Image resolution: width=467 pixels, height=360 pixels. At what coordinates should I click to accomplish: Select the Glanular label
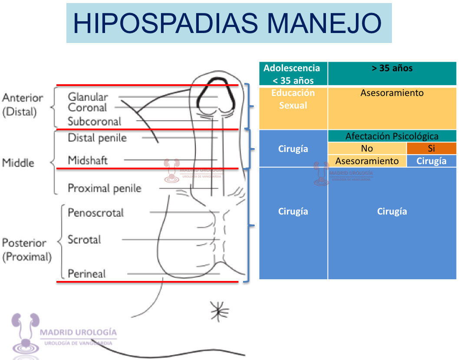(88, 97)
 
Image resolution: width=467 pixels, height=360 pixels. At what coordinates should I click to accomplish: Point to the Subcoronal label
(95, 121)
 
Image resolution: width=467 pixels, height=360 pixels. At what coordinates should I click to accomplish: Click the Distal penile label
(97, 138)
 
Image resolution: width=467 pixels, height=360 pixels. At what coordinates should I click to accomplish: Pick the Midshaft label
(88, 160)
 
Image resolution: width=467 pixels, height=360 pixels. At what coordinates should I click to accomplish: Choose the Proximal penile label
(105, 188)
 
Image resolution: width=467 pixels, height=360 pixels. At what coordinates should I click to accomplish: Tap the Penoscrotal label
(96, 213)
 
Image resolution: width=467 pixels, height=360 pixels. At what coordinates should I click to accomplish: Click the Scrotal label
(84, 239)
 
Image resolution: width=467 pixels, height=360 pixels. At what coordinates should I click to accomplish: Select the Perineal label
(87, 274)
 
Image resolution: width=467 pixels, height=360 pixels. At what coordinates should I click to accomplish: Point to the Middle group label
(18, 163)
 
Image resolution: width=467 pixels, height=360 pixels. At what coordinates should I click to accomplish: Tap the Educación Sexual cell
(293, 99)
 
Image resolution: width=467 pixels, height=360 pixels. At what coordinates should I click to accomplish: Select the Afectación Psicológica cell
(392, 136)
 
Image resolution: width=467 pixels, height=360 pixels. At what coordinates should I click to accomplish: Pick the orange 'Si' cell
(431, 148)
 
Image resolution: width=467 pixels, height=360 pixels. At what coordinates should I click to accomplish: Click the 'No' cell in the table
(367, 148)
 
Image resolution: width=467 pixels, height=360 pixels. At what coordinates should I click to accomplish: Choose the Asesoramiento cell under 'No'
(367, 161)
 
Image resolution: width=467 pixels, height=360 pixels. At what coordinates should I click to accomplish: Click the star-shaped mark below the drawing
(220, 309)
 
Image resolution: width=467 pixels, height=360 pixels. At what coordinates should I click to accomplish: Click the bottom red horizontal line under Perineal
(148, 282)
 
